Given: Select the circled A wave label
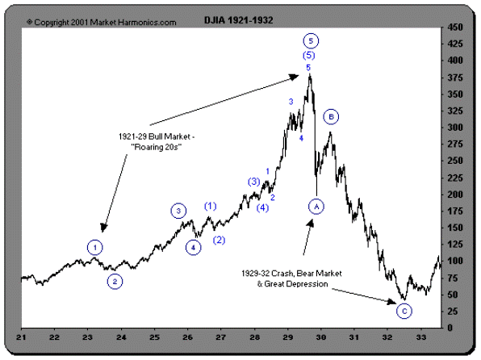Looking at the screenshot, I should [x=316, y=206].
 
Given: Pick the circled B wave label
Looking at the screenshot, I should [x=331, y=117].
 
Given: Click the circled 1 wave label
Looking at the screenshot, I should [x=96, y=246].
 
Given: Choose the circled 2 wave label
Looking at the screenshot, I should [x=115, y=282].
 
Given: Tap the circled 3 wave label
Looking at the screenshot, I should [x=178, y=211].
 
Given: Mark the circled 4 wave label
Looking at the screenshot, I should [x=194, y=247].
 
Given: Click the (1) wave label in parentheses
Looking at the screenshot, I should [x=211, y=206].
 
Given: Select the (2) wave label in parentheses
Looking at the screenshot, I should [x=218, y=240].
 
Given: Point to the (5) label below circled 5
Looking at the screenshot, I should [x=309, y=55].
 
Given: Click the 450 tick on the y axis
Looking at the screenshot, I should [x=456, y=27].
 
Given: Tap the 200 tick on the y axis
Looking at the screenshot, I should [x=456, y=194].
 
